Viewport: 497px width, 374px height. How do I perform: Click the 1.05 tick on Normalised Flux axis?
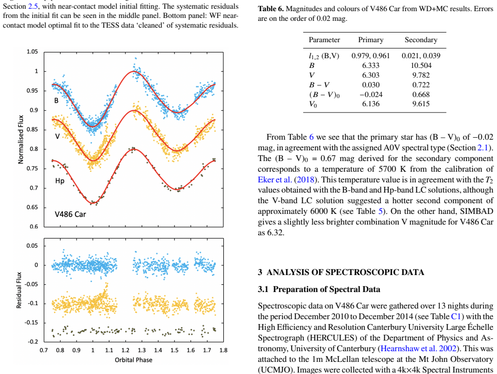[32, 52]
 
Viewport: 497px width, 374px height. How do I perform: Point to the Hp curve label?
[60, 181]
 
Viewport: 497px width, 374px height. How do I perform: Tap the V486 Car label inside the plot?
[70, 214]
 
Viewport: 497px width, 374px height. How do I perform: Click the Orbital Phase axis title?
[133, 360]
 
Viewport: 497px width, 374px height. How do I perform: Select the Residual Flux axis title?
[19, 290]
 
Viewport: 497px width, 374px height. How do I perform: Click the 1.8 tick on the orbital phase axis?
[223, 351]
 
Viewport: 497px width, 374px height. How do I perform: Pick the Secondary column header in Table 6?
[421, 40]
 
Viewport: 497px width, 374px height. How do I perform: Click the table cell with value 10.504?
[421, 65]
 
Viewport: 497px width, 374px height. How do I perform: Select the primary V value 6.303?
[371, 75]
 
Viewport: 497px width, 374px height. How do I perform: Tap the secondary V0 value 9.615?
[421, 104]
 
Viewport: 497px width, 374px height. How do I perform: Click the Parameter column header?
[324, 40]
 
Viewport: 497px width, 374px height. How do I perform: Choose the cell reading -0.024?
[371, 95]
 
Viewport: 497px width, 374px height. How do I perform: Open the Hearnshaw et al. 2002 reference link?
[419, 349]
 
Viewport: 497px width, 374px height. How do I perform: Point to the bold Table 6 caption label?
[271, 9]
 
